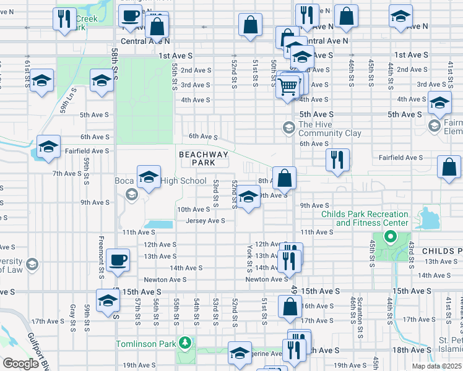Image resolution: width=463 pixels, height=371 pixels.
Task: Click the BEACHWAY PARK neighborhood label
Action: [x=204, y=158]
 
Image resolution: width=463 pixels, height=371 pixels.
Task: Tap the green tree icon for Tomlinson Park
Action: [x=184, y=342]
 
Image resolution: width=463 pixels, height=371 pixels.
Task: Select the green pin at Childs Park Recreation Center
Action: [x=390, y=236]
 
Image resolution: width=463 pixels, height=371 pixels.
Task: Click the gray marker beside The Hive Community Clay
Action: [x=288, y=128]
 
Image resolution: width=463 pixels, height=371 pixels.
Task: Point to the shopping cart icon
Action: [x=287, y=88]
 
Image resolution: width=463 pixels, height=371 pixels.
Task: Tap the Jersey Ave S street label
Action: [x=205, y=221]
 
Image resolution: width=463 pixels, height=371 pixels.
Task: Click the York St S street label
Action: [x=249, y=258]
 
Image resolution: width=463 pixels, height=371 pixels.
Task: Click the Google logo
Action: [x=21, y=364]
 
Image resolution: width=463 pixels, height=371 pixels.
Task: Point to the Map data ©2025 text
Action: [x=436, y=366]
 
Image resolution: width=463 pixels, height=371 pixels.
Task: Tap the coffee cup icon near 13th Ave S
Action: [x=118, y=260]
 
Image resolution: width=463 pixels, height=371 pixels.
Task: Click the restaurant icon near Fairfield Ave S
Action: [x=338, y=159]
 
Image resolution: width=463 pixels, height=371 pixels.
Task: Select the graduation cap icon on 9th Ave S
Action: [x=249, y=198]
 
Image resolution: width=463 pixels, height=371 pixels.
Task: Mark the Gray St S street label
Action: [x=73, y=313]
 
